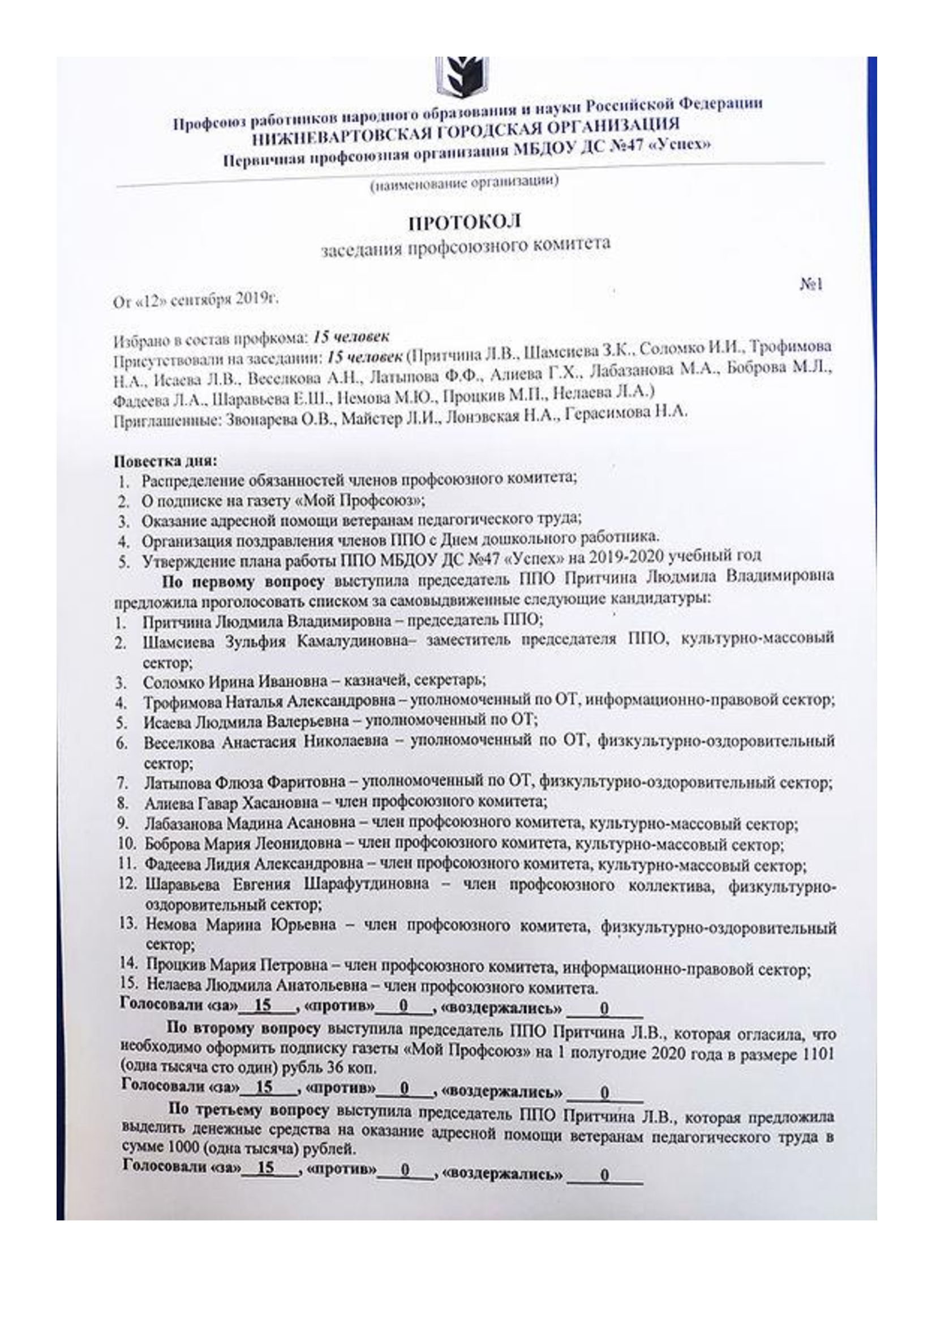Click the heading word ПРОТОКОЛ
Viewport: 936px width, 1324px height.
[x=465, y=222]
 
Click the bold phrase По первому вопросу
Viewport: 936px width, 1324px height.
[x=243, y=582]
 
